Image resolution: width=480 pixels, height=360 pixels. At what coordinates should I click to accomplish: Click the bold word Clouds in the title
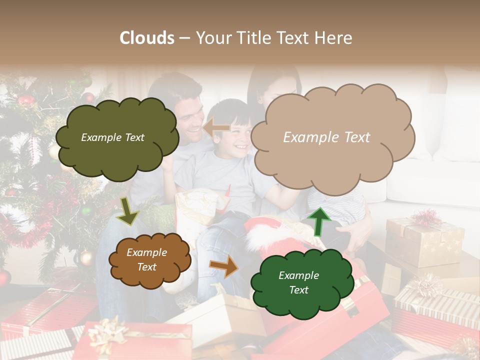point(147,38)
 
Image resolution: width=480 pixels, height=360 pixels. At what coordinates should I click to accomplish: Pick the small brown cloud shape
point(149,260)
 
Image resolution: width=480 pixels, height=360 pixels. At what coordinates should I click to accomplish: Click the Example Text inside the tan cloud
point(326,137)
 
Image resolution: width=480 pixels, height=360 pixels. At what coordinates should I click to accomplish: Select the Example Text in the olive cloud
point(112,137)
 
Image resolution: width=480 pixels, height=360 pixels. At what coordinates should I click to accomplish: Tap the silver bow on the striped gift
point(425,285)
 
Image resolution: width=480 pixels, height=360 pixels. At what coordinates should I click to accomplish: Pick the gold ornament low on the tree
point(86,257)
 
